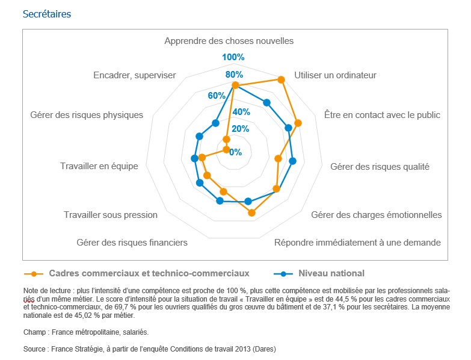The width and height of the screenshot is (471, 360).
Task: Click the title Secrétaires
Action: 46,14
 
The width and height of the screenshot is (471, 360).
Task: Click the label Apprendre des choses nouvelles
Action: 229,41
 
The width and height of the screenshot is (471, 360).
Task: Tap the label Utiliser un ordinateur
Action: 335,75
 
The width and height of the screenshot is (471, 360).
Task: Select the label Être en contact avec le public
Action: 382,114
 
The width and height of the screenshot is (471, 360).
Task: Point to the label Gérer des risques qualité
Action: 380,167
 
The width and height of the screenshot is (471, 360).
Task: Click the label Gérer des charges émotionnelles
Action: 376,215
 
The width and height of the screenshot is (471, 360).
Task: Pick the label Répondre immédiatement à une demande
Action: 357,243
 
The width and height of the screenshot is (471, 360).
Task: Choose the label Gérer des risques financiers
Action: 132,243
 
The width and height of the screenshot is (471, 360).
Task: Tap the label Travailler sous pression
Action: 111,215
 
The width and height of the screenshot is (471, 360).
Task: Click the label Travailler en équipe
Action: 99,166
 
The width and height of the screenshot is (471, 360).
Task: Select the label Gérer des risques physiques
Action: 87,114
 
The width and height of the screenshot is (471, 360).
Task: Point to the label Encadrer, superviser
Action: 135,75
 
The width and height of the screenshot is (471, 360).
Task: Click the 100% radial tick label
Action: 233,57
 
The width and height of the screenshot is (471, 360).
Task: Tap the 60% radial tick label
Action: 217,95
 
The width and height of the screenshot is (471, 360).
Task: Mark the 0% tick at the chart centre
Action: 235,151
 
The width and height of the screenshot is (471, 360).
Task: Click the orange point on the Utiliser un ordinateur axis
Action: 281,79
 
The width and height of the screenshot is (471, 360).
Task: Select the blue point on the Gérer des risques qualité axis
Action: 292,161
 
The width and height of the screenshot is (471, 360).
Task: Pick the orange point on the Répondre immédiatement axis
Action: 251,213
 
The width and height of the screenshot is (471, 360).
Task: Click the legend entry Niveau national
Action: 331,273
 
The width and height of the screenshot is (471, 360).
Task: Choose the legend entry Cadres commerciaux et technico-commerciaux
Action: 149,273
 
